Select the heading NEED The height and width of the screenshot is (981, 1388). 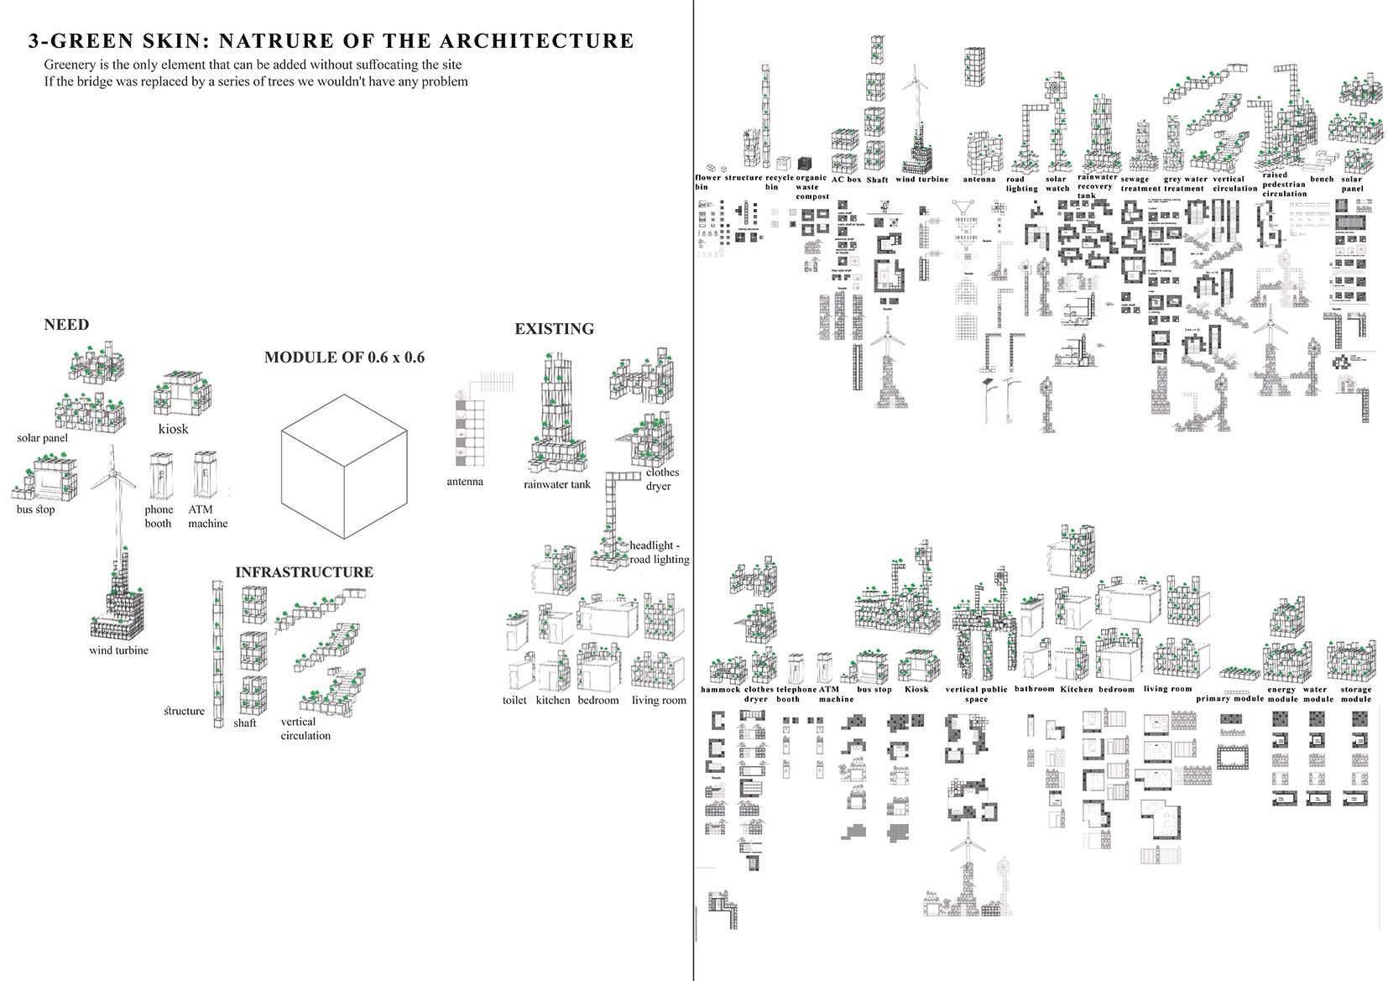point(66,325)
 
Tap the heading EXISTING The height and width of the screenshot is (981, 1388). point(554,329)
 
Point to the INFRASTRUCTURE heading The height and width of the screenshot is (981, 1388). point(304,572)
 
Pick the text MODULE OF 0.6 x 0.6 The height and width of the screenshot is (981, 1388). point(344,357)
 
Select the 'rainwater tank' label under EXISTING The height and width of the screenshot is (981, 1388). point(557,484)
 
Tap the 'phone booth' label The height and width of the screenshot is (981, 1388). point(158,516)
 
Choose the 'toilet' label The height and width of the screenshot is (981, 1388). point(514,700)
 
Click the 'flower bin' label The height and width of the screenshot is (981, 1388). point(707,182)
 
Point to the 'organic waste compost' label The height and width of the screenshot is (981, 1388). point(811,187)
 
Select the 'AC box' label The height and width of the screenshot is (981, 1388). point(846,179)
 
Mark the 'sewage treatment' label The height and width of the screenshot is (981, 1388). point(1139,184)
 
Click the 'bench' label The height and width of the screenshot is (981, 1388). point(1321,179)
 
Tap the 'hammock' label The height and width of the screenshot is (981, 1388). point(720,689)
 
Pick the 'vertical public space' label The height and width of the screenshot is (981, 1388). point(976,694)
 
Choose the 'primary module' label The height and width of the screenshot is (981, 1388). point(1229,698)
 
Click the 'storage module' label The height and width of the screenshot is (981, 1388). point(1355,694)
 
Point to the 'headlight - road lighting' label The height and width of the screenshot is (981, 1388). point(659,552)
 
